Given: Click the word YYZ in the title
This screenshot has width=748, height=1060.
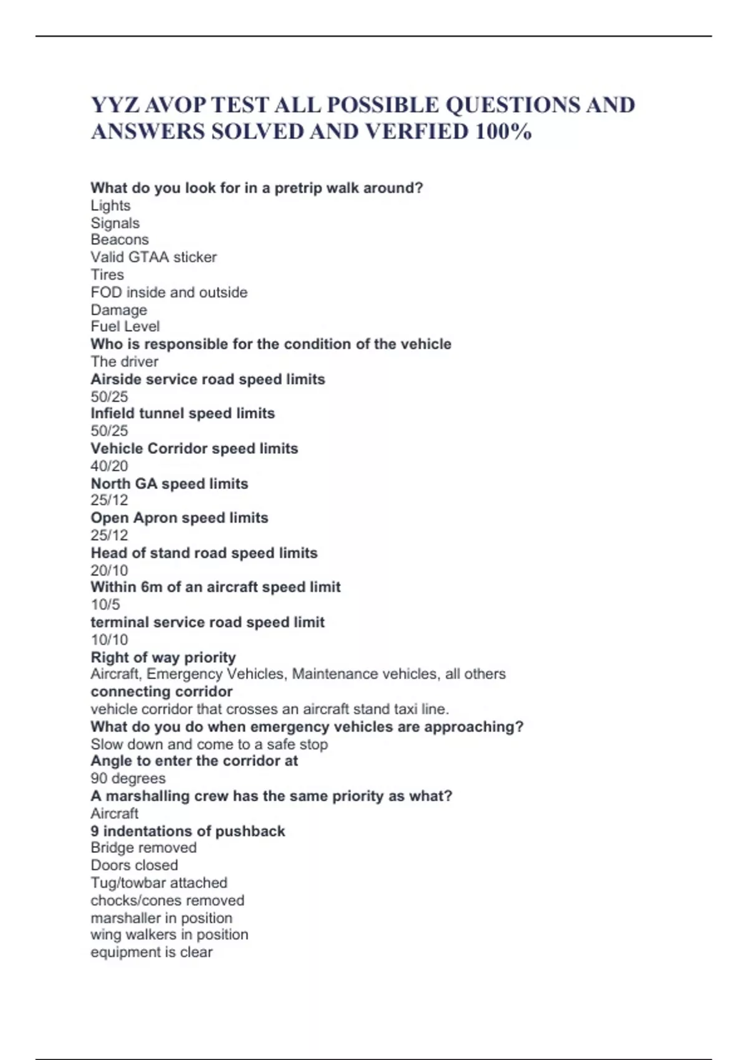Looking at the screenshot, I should point(115,105).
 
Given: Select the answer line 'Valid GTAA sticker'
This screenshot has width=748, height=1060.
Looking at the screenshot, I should point(153,257).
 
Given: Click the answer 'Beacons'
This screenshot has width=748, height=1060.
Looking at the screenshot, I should point(120,239).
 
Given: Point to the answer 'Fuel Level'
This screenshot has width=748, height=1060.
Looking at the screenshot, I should point(125,326).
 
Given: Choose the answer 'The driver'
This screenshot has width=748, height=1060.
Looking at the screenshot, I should point(124,362).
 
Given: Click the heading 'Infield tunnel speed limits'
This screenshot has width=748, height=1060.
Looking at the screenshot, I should point(183,413).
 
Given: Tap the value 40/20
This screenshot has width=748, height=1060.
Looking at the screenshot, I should point(109,466).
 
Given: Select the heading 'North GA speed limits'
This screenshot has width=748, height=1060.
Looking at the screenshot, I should point(169,484).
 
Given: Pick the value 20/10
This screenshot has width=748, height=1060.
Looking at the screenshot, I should point(109,571).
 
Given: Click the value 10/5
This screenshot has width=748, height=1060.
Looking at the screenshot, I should point(105,605).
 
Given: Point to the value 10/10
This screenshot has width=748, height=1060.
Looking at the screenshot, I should point(109,640).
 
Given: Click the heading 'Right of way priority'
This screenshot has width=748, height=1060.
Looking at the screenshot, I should point(163,657).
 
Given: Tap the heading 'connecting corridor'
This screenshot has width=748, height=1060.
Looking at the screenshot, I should point(161,691).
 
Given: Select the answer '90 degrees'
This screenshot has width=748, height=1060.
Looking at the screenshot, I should point(128,778).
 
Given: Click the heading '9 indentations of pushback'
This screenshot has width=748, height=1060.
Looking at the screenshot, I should point(188,831).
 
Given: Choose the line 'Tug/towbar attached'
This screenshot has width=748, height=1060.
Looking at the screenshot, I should point(159,883).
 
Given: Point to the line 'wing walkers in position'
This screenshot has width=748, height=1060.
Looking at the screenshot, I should point(169,935).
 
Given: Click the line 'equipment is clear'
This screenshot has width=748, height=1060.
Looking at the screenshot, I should point(151,952).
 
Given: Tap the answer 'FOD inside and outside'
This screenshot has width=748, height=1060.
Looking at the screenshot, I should point(169,292).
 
